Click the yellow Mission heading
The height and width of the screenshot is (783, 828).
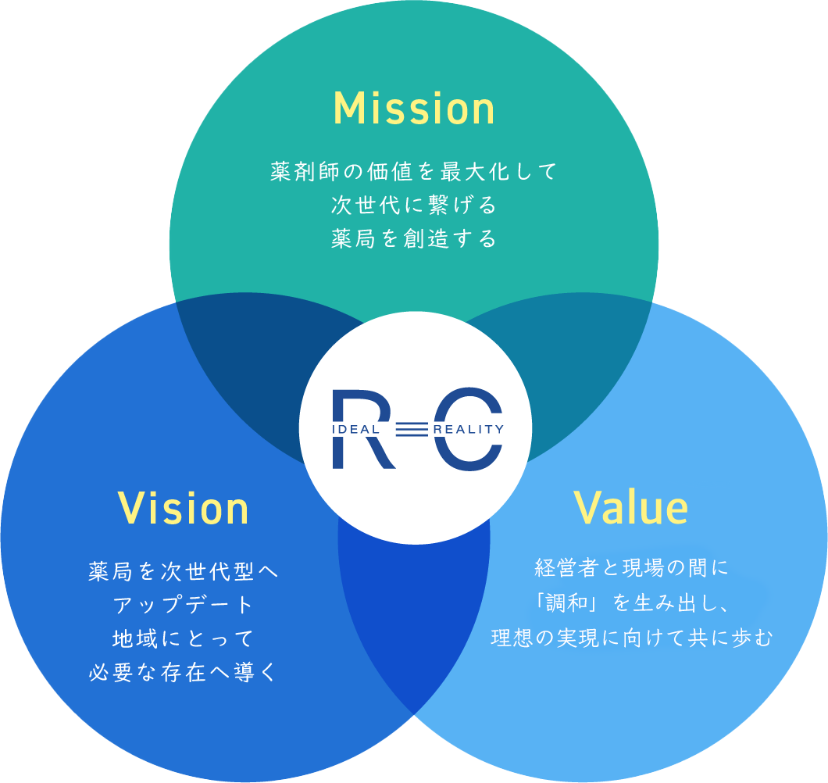(414, 110)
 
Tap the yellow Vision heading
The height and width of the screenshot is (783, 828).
(184, 509)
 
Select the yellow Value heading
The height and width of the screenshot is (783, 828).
(631, 509)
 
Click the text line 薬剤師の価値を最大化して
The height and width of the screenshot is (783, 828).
(414, 171)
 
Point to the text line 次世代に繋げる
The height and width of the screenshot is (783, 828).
(414, 206)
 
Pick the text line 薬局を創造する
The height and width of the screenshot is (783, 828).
(414, 239)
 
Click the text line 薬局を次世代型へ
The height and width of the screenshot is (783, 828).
(184, 571)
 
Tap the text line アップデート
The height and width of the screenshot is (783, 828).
(184, 605)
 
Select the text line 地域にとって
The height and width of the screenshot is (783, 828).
(184, 638)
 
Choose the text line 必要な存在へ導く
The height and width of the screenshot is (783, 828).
(184, 672)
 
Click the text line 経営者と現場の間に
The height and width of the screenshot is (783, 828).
(631, 568)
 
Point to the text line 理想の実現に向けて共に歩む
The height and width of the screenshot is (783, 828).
(631, 638)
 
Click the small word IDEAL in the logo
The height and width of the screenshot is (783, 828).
(356, 430)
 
